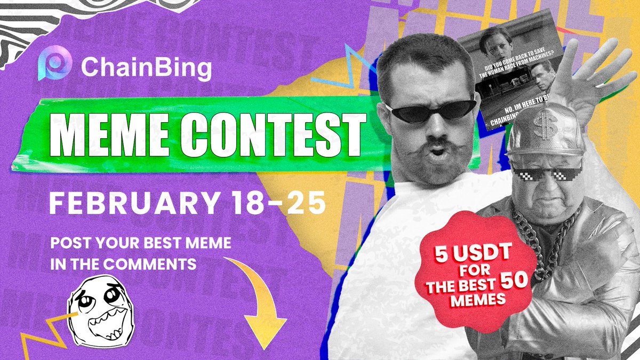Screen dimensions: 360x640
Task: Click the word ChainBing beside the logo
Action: [146, 68]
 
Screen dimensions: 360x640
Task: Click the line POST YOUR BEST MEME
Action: [141, 244]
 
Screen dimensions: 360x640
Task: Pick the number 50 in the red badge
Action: [515, 283]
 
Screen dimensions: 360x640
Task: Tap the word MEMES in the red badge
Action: [477, 300]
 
